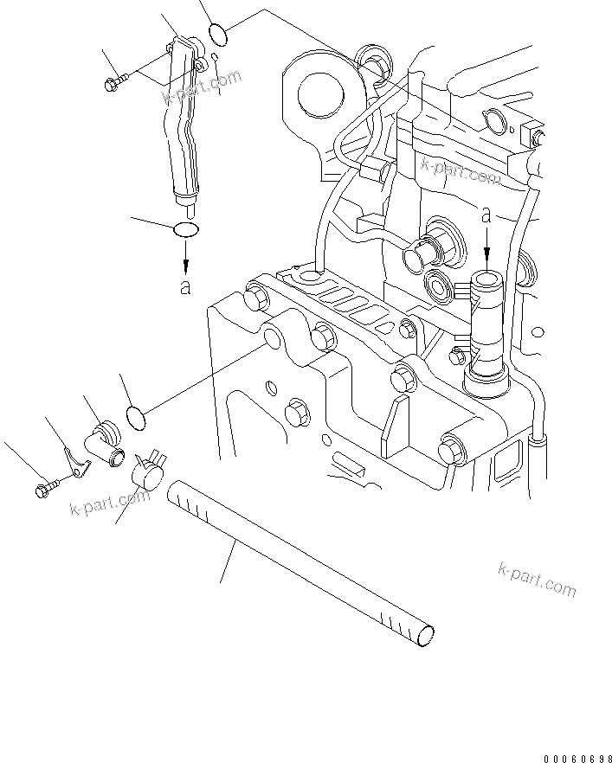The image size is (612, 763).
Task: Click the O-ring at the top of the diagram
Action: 217,35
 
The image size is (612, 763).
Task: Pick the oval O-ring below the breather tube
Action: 185,229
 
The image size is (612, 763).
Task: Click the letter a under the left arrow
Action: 185,287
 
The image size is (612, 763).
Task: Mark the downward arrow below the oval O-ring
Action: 185,257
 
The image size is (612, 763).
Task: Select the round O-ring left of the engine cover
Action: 135,417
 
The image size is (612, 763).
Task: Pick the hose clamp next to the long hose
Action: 146,472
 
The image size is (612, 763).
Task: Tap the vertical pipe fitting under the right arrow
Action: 487,329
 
